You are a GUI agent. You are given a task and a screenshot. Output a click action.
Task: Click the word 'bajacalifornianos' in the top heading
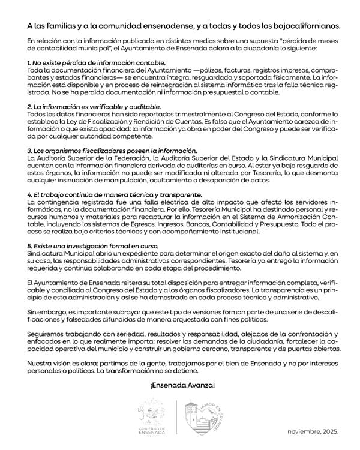point(303,26)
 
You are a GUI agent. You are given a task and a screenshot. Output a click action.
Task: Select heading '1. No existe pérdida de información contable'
point(96,62)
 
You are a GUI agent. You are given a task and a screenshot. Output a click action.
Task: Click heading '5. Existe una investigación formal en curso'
point(93,246)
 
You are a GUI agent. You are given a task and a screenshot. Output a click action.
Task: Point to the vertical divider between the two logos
point(176,418)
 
